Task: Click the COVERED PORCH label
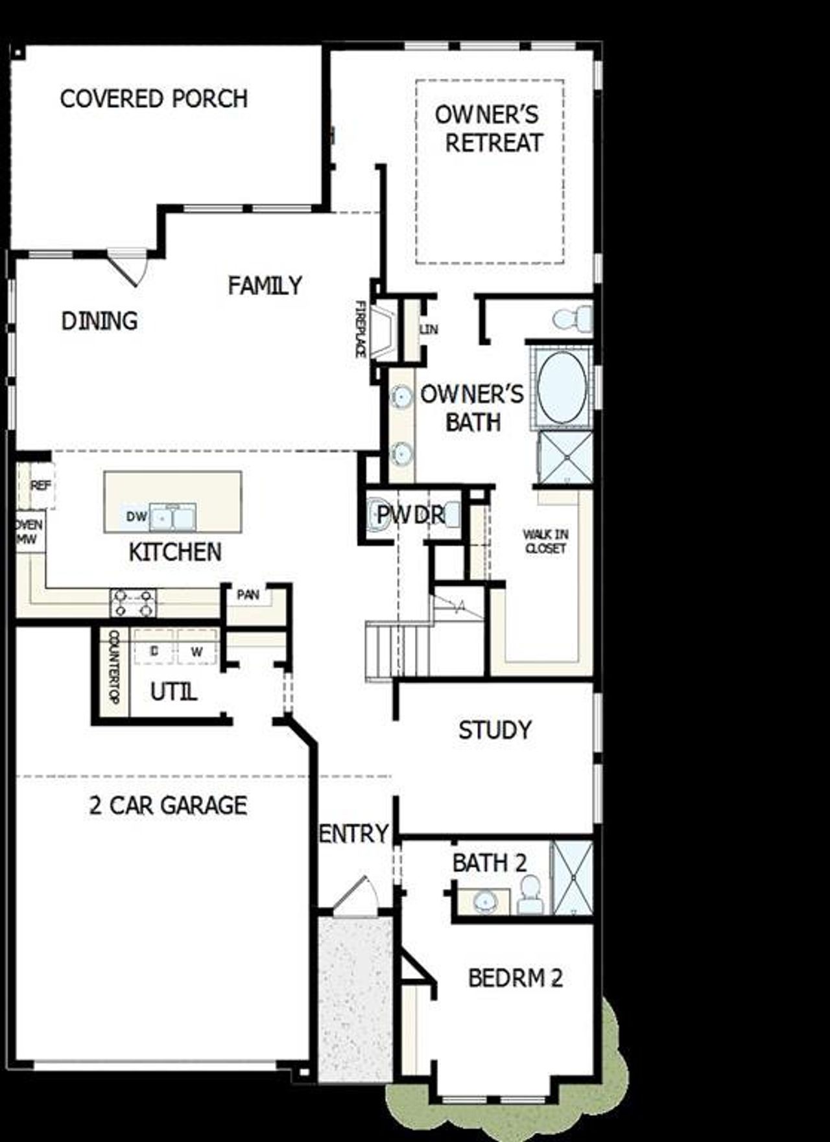pos(154,99)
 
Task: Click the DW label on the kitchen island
pos(136,517)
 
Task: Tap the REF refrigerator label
pos(40,485)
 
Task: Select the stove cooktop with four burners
pos(134,603)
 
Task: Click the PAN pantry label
pos(248,594)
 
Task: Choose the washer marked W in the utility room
pos(197,651)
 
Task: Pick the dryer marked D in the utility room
pos(154,651)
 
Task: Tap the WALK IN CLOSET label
pos(546,541)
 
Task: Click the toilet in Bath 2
pos(531,895)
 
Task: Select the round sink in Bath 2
pos(483,900)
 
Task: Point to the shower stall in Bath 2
pos(572,878)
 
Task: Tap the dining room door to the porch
pos(126,267)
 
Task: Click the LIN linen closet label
pos(429,329)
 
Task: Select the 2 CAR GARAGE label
pos(168,806)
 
